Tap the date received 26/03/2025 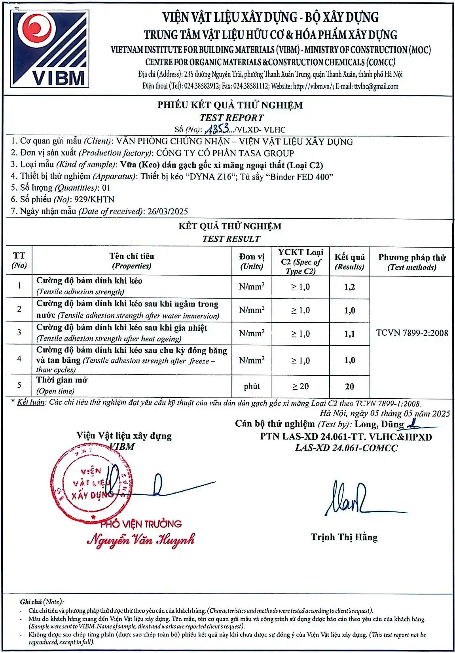[x=167, y=211]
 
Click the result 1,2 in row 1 [x=349, y=287]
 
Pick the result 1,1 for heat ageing [x=349, y=334]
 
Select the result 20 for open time [x=349, y=386]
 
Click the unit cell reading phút [x=252, y=386]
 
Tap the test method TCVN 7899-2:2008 [x=412, y=333]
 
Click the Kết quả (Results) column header [x=349, y=261]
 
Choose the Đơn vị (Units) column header [x=252, y=261]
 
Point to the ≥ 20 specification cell [x=300, y=386]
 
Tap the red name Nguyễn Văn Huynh [x=141, y=539]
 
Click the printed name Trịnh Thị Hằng [x=344, y=537]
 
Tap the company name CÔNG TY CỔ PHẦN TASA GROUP [x=225, y=153]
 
